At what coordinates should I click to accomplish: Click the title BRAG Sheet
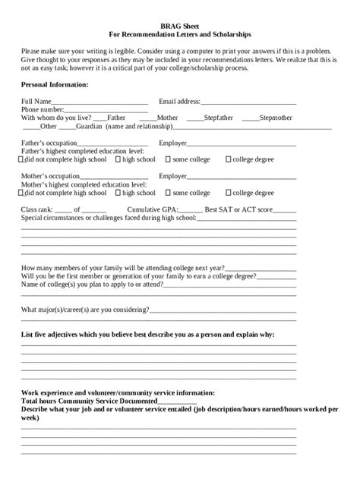pos(179,25)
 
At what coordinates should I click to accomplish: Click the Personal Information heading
pos(55,84)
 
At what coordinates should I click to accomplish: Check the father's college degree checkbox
pos(229,160)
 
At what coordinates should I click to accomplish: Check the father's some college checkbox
pos(168,160)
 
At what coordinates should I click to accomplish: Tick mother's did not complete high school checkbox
pos(21,193)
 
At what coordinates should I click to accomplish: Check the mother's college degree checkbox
pos(229,193)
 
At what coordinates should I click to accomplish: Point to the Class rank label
pos(36,209)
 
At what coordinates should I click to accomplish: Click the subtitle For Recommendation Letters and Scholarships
pos(179,34)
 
